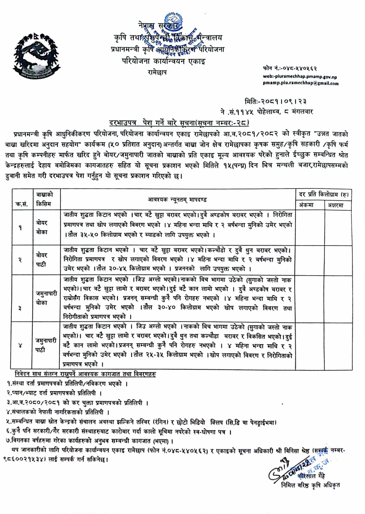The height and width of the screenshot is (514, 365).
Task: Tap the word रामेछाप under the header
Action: (x=157, y=73)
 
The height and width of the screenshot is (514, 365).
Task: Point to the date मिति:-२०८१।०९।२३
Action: (x=276, y=101)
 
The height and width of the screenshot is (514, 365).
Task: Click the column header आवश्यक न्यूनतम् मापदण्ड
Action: (x=177, y=200)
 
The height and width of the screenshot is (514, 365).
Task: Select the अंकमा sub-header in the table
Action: (x=306, y=205)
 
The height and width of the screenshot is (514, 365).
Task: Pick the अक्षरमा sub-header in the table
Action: (x=336, y=205)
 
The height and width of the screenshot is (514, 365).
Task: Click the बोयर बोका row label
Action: (x=42, y=227)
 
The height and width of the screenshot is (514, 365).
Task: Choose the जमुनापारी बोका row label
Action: (x=46, y=298)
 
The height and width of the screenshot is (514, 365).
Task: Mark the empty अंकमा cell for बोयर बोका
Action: (x=310, y=227)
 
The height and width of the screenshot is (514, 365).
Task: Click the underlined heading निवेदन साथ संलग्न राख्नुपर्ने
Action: (x=85, y=374)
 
